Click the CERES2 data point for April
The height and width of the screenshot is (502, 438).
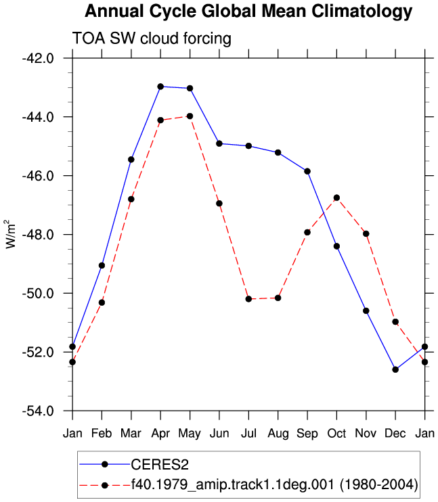coord(160,87)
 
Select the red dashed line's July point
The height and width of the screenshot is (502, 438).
coord(248,299)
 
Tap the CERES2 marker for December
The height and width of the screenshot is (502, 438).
coord(395,369)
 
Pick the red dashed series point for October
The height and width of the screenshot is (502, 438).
coord(336,198)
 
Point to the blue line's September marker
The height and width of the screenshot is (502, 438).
coord(307,171)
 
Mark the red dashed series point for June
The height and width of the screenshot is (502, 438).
coord(219,203)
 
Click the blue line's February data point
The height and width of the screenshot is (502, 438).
coord(102,265)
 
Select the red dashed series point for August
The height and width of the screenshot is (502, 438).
coord(278,298)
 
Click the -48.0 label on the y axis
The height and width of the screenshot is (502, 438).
coord(38,235)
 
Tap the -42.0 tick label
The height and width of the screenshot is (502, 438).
coord(38,58)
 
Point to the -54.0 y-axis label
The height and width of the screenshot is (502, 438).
coord(38,411)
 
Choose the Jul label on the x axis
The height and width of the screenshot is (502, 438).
coord(248,434)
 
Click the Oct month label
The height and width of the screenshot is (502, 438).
coord(336,434)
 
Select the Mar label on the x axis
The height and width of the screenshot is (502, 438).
coord(131,434)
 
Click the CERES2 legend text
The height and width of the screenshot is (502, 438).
coord(160,465)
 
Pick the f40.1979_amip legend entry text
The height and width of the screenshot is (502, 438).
coord(275,485)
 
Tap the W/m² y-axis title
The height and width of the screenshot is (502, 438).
coord(10,234)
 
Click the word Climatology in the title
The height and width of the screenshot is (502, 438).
coord(362,12)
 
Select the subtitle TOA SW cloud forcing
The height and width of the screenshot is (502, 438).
coord(152,39)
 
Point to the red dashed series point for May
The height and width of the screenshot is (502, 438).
coord(190,116)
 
